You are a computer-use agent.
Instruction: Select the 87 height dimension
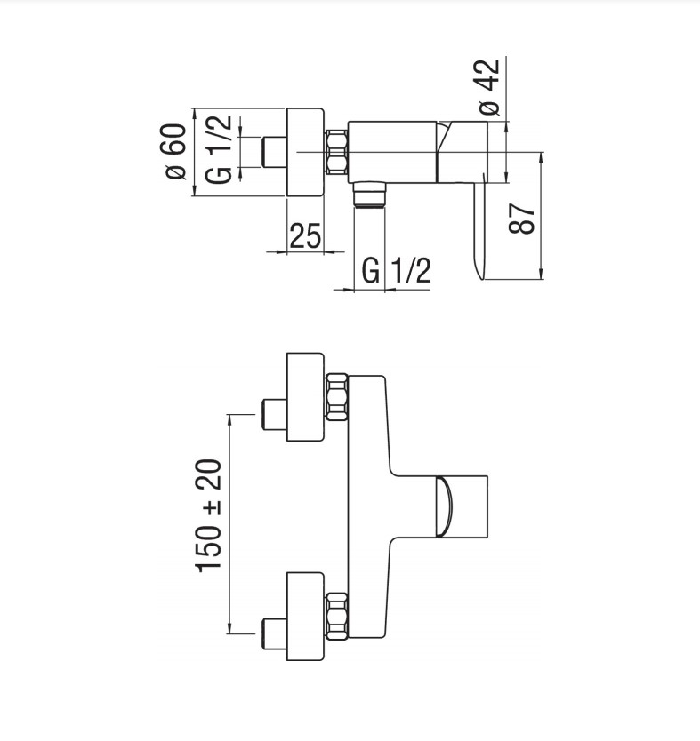click(x=526, y=216)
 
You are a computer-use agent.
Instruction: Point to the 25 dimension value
click(x=304, y=235)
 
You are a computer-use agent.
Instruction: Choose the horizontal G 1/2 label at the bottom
click(x=398, y=270)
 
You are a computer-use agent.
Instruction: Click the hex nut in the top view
click(x=336, y=152)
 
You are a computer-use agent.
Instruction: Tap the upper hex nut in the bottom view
click(x=336, y=395)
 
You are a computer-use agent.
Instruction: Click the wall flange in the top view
click(x=304, y=152)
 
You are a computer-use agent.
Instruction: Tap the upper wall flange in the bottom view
click(x=304, y=395)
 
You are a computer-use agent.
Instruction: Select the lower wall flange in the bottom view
click(x=304, y=616)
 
